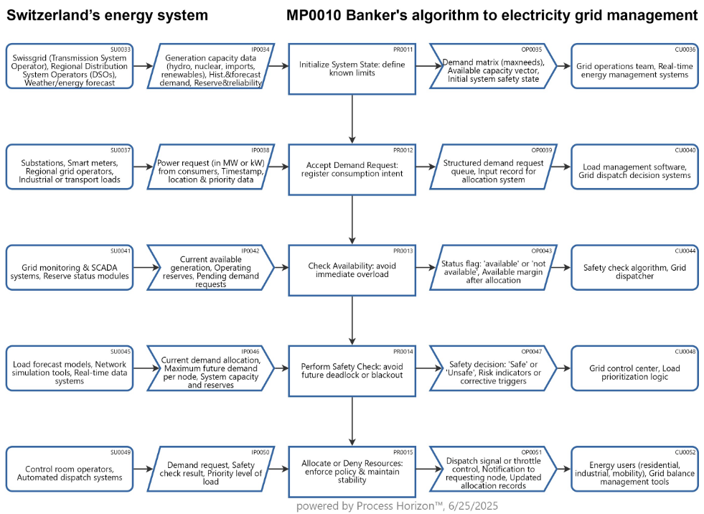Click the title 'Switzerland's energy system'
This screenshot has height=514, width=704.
pyautogui.click(x=108, y=15)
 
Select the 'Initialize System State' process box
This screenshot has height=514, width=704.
pyautogui.click(x=352, y=69)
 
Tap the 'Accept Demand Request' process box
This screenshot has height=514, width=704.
pyautogui.click(x=352, y=169)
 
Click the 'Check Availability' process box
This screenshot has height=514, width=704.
pyautogui.click(x=352, y=270)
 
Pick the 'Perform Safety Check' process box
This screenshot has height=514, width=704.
pyautogui.click(x=352, y=370)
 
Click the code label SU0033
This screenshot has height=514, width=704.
pyautogui.click(x=121, y=50)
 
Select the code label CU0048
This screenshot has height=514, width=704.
pyautogui.click(x=685, y=351)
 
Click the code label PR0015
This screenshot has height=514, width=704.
pyautogui.click(x=403, y=452)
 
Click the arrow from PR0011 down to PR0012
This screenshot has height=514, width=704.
pyautogui.click(x=352, y=119)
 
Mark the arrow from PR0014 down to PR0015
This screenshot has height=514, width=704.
pyautogui.click(x=352, y=421)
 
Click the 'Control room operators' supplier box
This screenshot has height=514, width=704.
pyautogui.click(x=70, y=471)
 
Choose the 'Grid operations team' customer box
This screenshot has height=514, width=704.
pyautogui.click(x=634, y=69)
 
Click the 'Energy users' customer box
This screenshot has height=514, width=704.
pyautogui.click(x=634, y=471)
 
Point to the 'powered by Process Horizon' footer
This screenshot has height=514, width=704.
pyautogui.click(x=397, y=506)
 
